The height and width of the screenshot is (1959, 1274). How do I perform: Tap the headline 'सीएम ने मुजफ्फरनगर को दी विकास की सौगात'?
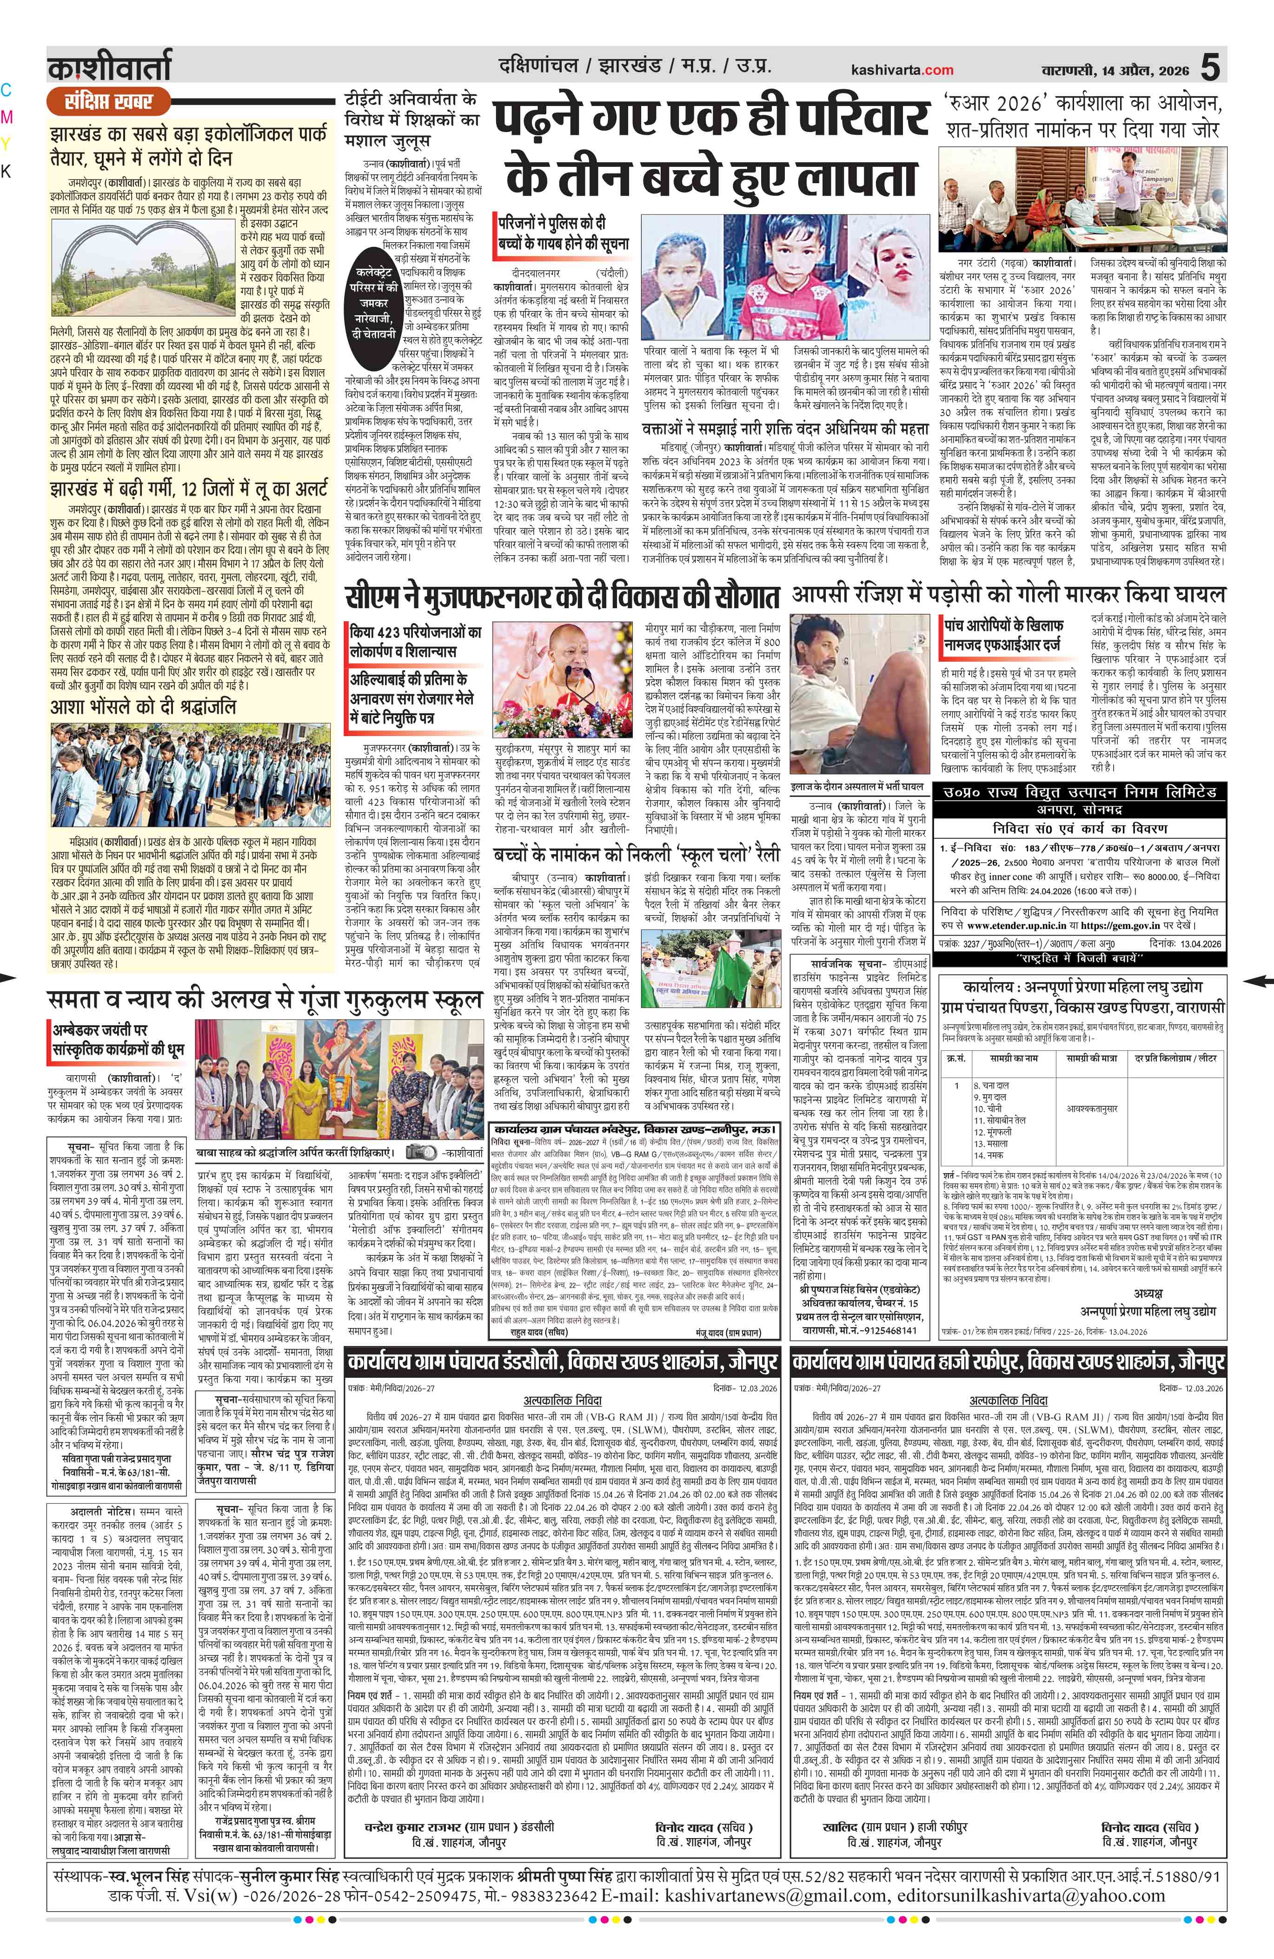[561, 597]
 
